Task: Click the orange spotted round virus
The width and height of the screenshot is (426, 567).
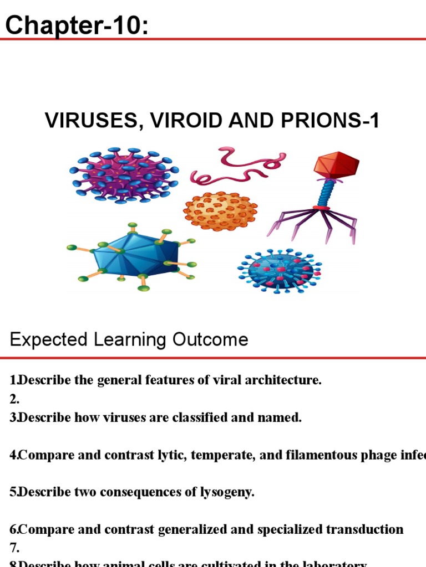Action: point(220,211)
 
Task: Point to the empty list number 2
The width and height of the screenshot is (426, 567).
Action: point(14,399)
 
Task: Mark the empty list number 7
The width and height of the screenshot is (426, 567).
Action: point(14,548)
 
